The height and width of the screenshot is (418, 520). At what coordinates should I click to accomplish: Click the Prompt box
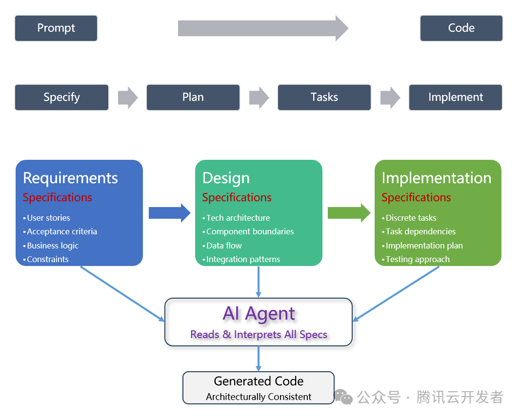56,28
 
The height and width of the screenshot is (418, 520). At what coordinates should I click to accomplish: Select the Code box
461,28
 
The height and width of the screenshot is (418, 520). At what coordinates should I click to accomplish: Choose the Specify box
61,97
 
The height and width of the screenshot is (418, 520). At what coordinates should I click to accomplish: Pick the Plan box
193,97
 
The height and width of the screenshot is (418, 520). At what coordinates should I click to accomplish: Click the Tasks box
324,97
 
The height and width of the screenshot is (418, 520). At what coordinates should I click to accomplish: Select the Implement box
455,97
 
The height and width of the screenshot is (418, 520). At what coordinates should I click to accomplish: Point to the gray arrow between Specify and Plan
128,97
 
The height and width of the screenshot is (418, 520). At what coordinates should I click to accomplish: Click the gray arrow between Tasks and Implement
390,97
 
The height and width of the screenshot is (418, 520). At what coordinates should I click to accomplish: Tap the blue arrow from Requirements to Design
169,213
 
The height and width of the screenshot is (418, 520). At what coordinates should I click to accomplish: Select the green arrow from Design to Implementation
349,213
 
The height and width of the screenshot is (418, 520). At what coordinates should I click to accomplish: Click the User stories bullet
48,218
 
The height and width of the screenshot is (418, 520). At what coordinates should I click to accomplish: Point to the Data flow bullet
223,246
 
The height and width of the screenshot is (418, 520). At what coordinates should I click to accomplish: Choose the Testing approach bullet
418,259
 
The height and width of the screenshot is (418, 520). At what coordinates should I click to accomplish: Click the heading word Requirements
70,178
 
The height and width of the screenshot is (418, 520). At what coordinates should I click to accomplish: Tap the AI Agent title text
259,313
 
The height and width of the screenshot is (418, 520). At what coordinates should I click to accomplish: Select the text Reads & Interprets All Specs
259,335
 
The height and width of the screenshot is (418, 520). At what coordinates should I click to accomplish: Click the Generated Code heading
259,381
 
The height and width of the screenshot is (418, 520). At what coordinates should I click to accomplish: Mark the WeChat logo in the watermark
343,397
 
